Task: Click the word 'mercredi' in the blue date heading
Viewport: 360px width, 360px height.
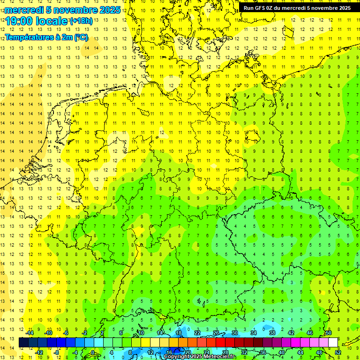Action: (x=23, y=10)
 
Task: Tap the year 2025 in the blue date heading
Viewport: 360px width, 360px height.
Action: (x=109, y=10)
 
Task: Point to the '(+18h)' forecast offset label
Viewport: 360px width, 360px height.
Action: (x=81, y=21)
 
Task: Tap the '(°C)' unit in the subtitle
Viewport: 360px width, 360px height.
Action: (x=81, y=37)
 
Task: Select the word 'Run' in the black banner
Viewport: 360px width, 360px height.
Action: (x=249, y=8)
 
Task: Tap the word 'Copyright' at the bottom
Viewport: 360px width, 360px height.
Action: (x=177, y=357)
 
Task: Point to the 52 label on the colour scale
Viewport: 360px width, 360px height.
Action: (x=338, y=352)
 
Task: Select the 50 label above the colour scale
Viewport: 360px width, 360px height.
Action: (x=329, y=333)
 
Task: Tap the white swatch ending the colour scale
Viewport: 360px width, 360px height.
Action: (x=333, y=343)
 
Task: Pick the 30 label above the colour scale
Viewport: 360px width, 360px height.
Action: (x=235, y=333)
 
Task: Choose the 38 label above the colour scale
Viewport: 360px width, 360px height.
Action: (x=272, y=333)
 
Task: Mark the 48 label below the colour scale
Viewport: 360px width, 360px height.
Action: (x=319, y=352)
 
